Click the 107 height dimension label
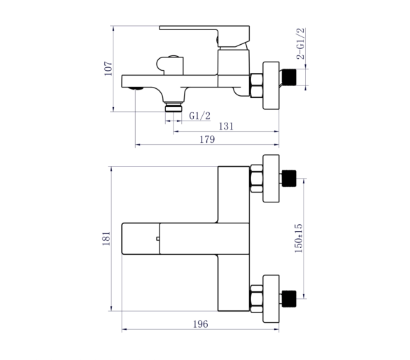[108, 69]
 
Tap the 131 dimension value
[226, 126]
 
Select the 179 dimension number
[207, 139]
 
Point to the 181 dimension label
[106, 238]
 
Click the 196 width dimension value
[201, 324]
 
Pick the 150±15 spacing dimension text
[298, 238]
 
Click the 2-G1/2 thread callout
[301, 43]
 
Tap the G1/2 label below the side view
[200, 116]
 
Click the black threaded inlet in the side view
[289, 77]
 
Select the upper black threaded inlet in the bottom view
[289, 179]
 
